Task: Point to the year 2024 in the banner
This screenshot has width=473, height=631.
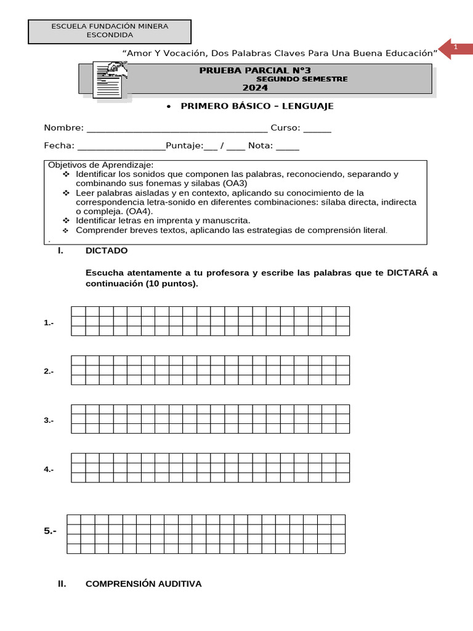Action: tap(255, 88)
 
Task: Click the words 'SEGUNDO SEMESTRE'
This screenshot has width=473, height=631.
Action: tap(302, 79)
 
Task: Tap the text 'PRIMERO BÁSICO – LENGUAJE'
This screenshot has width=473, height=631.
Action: tap(256, 106)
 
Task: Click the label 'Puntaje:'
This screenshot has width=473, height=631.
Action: tap(185, 146)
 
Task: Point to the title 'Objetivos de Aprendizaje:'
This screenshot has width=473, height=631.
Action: tap(100, 165)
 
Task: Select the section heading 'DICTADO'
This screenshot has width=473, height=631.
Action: tap(107, 251)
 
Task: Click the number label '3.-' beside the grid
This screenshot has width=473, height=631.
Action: tap(49, 420)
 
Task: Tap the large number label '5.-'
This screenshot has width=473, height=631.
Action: tap(51, 531)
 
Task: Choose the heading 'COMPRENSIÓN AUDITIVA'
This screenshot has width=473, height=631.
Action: tap(143, 584)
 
